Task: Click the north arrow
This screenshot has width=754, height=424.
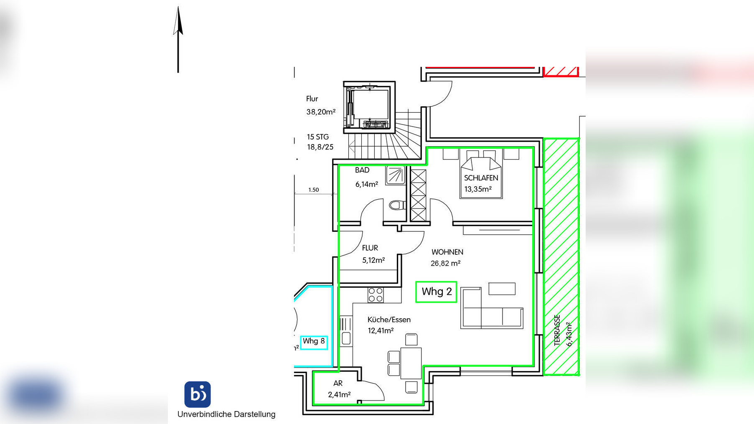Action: click(178, 40)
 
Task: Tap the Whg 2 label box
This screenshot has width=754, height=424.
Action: click(436, 292)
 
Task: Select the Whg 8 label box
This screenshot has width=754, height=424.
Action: click(314, 342)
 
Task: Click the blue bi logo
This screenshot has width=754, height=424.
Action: click(198, 394)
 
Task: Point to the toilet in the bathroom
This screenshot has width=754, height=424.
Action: click(397, 205)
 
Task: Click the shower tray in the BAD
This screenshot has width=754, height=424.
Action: click(395, 175)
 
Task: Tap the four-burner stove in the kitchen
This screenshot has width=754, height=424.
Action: click(376, 295)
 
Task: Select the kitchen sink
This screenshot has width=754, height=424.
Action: click(346, 331)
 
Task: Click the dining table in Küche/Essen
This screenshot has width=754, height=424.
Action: click(411, 363)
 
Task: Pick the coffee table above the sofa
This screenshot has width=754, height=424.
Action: click(502, 289)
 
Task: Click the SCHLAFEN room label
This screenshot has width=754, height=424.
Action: click(481, 178)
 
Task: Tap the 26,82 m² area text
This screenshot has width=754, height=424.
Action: click(445, 264)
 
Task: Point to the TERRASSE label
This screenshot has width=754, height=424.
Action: click(557, 330)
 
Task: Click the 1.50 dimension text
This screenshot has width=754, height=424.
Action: click(313, 190)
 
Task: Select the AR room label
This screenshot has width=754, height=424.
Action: click(338, 383)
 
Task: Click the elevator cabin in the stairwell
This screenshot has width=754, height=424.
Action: click(369, 107)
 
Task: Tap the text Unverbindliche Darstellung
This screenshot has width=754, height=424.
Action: click(226, 414)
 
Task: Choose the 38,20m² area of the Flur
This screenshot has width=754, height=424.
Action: click(321, 112)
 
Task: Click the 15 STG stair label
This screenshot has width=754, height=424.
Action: click(318, 137)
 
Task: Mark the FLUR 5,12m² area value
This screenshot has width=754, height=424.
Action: click(373, 260)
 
